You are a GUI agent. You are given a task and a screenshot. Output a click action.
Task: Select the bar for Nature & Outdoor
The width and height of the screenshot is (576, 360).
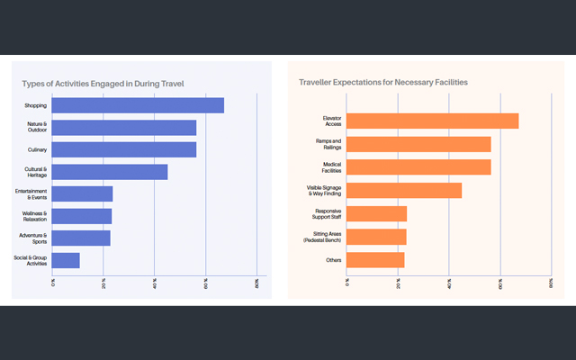coord(124,127)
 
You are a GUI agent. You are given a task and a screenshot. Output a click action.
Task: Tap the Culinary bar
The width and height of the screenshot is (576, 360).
coord(124,149)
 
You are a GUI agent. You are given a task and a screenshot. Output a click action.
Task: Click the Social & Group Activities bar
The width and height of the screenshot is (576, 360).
coord(66,260)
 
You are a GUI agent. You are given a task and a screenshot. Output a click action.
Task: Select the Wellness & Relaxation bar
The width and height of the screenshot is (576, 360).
coord(82,216)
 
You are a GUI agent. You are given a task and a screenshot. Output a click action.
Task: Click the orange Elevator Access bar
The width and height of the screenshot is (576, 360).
coord(433,121)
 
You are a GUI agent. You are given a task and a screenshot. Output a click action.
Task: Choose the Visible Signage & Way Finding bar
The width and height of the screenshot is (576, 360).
coord(404,190)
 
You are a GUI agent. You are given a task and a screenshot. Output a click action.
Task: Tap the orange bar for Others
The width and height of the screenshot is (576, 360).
coord(375,259)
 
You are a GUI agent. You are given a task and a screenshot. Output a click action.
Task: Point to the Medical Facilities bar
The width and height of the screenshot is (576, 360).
coord(418,166)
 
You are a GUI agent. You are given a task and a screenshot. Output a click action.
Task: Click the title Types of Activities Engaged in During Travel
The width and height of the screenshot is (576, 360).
coord(103,83)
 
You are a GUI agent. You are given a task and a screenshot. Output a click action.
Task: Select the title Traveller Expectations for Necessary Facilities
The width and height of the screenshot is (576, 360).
coord(382,82)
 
